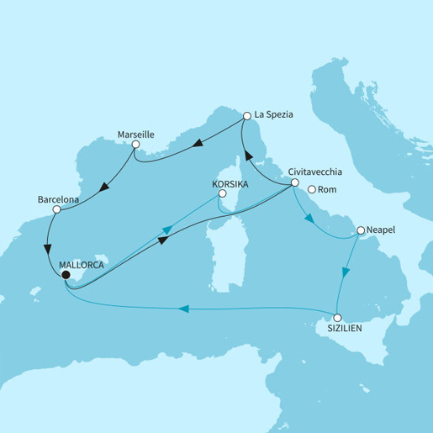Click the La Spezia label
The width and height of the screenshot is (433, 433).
276,117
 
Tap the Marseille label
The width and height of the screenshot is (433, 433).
130,133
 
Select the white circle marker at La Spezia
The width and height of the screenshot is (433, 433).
247,117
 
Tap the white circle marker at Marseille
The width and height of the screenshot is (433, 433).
135,145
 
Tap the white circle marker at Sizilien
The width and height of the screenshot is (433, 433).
337,318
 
